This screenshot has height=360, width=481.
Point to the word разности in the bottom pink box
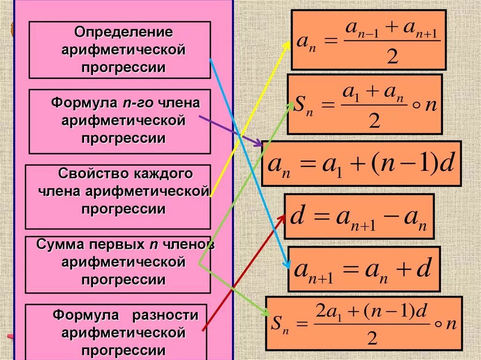[x=165, y=314]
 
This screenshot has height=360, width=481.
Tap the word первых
[x=116, y=245]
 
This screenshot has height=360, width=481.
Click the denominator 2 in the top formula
[x=392, y=57]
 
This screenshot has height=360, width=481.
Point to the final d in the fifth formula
[x=424, y=270]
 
